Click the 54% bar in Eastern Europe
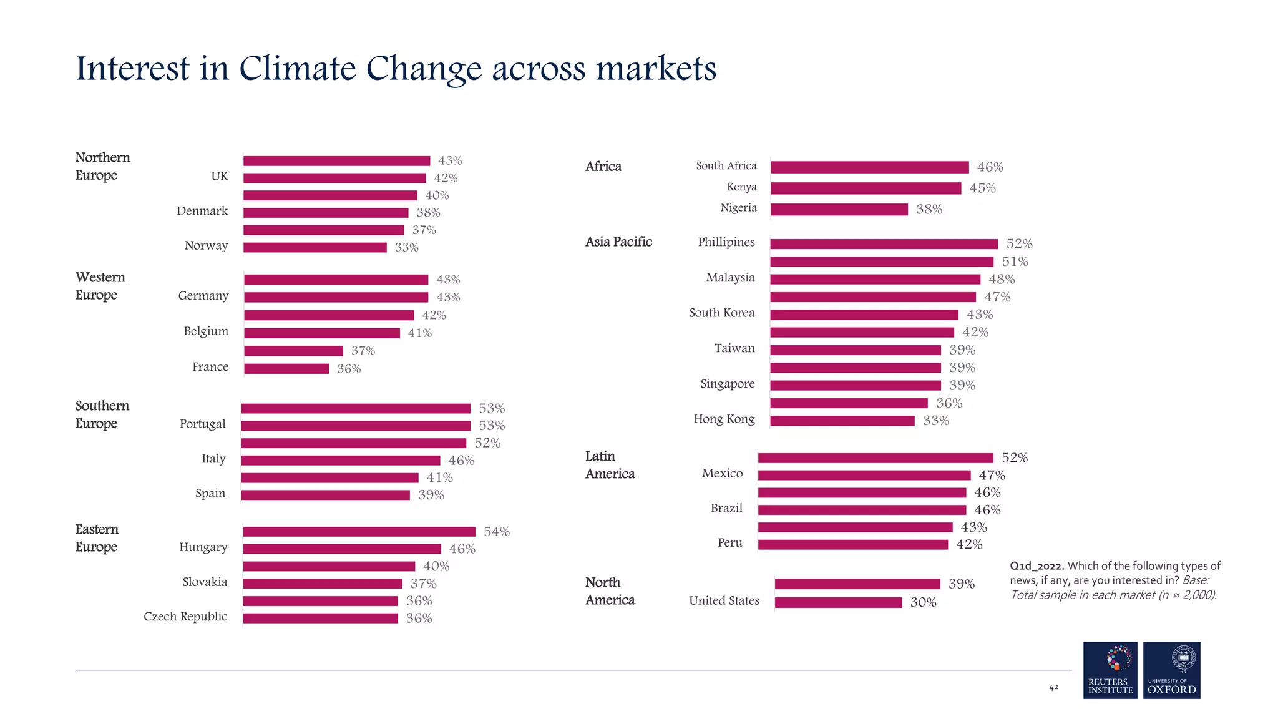(x=359, y=532)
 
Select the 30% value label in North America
(x=923, y=602)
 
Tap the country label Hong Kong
(x=724, y=419)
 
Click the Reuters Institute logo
(x=1110, y=670)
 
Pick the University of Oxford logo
(x=1171, y=670)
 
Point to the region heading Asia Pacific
(x=618, y=242)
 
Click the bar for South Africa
(x=869, y=167)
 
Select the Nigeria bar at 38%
(x=839, y=210)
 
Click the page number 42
(x=1053, y=687)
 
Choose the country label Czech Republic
(x=185, y=617)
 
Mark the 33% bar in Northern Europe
(x=315, y=248)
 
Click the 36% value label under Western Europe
(x=349, y=369)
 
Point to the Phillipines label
(x=726, y=242)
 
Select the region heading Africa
(x=603, y=167)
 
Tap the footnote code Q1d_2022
(x=1037, y=566)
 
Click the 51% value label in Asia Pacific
(x=1015, y=262)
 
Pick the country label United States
(x=724, y=600)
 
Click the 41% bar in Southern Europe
(x=329, y=478)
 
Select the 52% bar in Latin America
(x=875, y=458)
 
